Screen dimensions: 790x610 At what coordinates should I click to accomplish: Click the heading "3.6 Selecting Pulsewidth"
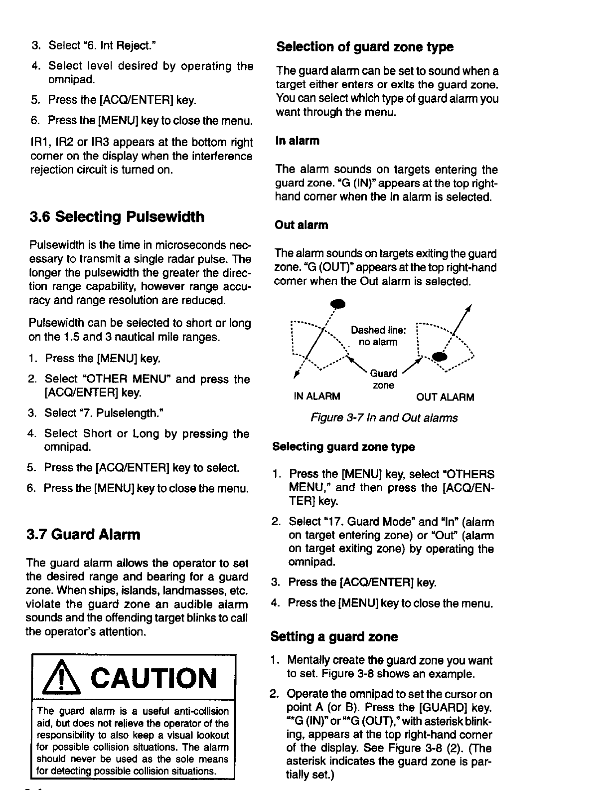click(117, 217)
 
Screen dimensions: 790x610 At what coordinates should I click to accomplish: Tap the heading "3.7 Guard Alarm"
click(83, 535)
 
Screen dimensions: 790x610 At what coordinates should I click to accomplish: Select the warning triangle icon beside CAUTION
click(62, 679)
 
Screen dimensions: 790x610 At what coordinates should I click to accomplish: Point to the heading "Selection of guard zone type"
click(365, 47)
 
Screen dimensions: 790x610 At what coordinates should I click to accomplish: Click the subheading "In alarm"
click(297, 141)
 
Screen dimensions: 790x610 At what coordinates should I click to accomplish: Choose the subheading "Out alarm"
click(301, 225)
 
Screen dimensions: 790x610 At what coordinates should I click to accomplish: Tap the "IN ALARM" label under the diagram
click(317, 397)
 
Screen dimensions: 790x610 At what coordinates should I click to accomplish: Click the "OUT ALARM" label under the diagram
click(445, 397)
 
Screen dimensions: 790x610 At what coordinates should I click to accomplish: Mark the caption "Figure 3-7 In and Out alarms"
click(384, 418)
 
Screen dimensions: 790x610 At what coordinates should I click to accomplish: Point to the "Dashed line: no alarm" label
click(379, 336)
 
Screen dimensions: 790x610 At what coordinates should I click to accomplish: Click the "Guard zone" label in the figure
click(383, 379)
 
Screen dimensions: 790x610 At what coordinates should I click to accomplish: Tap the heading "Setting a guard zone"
click(334, 637)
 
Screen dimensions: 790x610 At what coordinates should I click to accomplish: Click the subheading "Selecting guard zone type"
click(343, 447)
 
